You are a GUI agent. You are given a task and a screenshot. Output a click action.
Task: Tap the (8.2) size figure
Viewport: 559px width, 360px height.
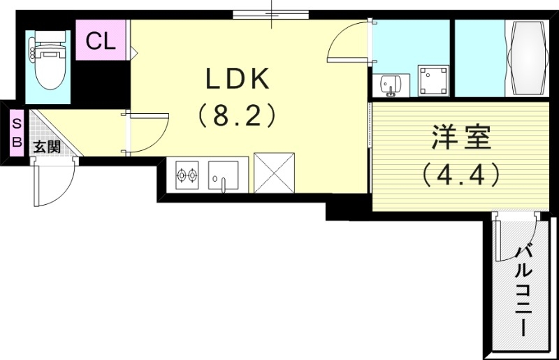237,116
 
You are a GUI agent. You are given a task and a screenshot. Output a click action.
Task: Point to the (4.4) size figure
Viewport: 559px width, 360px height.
461,174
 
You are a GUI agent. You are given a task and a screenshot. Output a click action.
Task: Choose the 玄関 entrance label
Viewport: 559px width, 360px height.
47,147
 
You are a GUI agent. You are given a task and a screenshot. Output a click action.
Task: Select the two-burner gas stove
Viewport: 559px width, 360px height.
187,175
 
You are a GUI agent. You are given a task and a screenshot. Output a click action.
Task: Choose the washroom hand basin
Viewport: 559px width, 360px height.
389,85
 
